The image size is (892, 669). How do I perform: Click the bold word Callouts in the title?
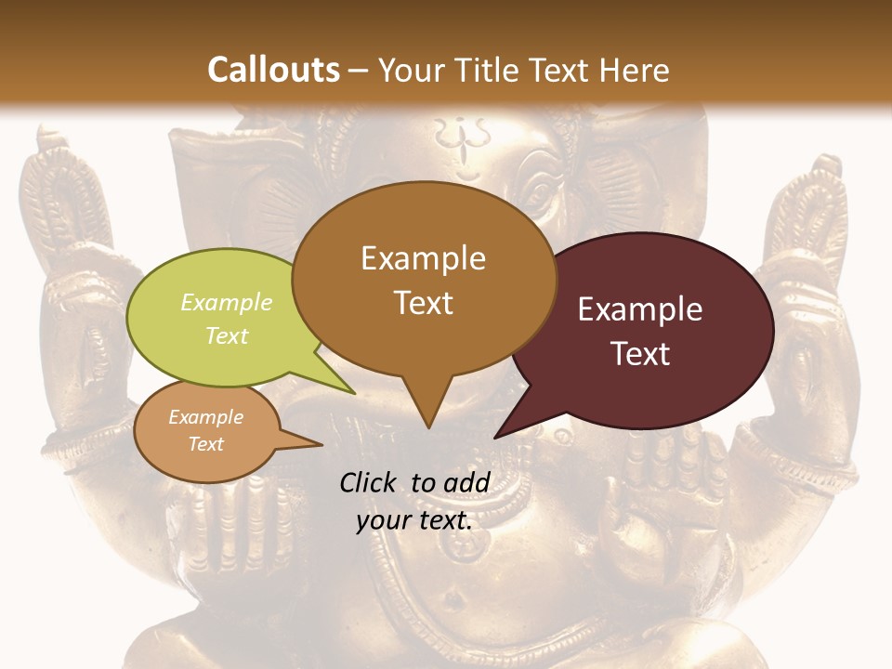[x=273, y=70]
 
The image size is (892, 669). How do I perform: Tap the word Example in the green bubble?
[x=227, y=302]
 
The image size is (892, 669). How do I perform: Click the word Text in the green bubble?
[x=227, y=335]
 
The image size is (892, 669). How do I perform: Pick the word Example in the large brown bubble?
[x=423, y=258]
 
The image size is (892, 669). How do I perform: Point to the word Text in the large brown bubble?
[x=423, y=303]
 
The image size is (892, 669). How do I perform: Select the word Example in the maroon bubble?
[x=640, y=309]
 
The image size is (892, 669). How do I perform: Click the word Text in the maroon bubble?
[x=640, y=354]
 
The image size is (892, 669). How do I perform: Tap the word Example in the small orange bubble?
[x=206, y=417]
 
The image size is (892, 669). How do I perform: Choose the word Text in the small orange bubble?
[x=206, y=444]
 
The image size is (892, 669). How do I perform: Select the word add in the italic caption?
[x=466, y=482]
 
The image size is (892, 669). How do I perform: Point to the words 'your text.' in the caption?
[x=414, y=520]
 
